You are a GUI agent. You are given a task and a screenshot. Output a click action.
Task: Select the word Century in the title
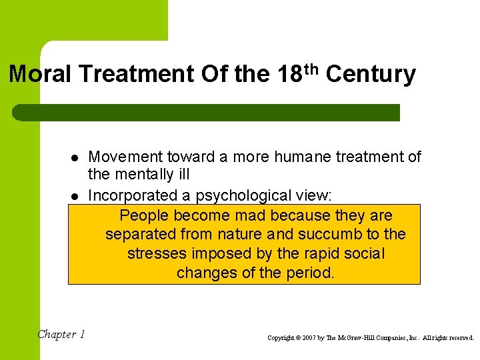pyautogui.click(x=371, y=74)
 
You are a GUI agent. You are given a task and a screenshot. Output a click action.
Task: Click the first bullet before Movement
pyautogui.click(x=75, y=158)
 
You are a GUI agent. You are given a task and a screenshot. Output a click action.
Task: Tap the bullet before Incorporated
pyautogui.click(x=75, y=197)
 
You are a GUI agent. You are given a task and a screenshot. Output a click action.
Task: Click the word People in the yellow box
pyautogui.click(x=143, y=215)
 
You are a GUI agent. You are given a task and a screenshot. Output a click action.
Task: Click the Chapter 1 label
pyautogui.click(x=61, y=335)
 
